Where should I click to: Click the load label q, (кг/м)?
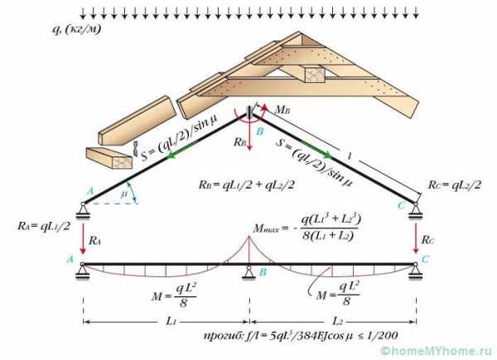(76, 29)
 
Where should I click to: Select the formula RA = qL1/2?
(44, 226)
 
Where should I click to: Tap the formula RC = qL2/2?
(455, 185)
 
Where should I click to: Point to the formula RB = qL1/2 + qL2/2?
(247, 185)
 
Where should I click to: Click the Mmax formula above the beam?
(306, 228)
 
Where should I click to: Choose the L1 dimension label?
(171, 321)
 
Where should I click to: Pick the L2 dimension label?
(337, 321)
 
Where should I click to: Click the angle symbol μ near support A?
(124, 194)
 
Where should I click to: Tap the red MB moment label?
(282, 110)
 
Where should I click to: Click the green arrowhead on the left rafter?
(171, 155)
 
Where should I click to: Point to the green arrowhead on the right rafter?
(327, 155)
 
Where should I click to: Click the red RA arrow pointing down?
(83, 238)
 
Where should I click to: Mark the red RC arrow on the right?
(416, 238)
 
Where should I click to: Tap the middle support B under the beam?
(249, 272)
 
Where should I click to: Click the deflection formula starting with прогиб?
(301, 336)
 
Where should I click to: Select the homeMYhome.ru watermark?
(438, 351)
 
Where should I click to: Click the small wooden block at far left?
(109, 158)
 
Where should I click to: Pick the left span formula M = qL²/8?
(174, 295)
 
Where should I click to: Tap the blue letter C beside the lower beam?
(425, 259)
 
